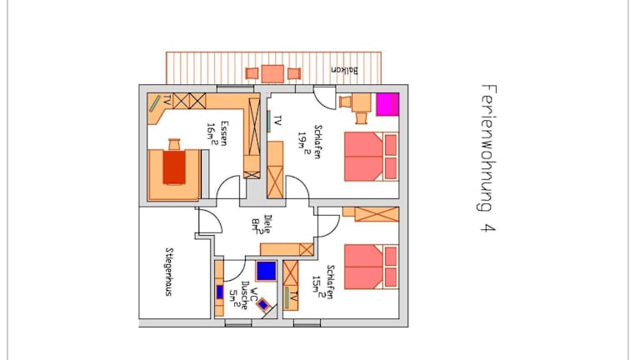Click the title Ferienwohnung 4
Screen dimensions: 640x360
point(487,158)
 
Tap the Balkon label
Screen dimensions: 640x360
point(344,70)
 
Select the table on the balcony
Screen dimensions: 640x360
point(272,74)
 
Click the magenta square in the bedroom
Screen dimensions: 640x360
point(387,104)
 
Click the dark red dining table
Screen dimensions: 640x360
point(174,167)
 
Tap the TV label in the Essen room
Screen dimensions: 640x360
point(167,100)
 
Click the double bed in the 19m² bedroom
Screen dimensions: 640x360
point(371,157)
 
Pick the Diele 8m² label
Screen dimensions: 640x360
point(261,224)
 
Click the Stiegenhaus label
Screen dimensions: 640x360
point(168,272)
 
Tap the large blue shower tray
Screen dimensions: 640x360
point(266,271)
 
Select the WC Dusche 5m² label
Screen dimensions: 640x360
point(243,295)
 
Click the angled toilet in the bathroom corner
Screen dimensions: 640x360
point(264,304)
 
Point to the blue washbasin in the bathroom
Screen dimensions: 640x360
point(220,292)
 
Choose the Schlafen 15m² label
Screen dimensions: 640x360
point(322,282)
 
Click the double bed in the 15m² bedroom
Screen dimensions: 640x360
point(371,267)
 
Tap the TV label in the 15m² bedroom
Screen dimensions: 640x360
point(294,297)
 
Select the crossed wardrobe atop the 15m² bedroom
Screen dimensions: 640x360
point(377,214)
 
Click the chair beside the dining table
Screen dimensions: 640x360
point(174,144)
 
